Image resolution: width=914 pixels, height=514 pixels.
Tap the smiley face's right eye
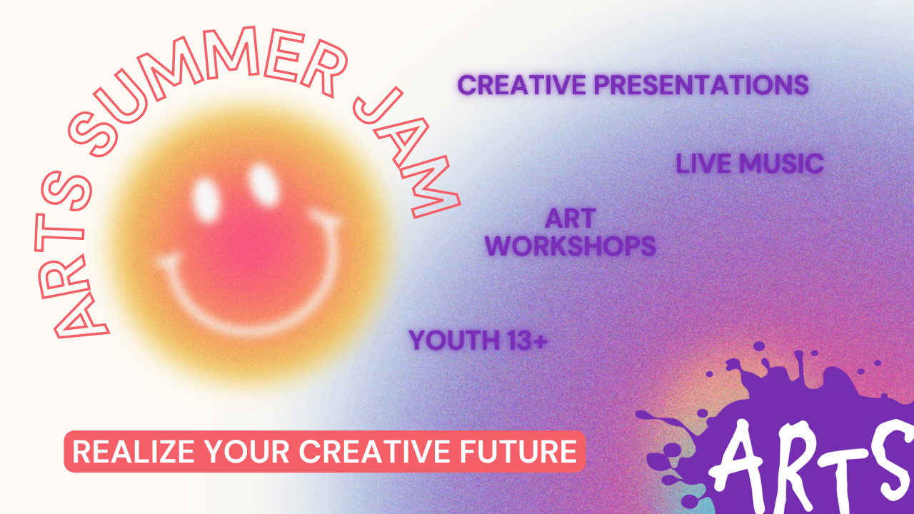click(x=262, y=183)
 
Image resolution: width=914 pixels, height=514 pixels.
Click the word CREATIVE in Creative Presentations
click(x=523, y=85)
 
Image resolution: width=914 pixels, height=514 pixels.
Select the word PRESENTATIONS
click(x=702, y=85)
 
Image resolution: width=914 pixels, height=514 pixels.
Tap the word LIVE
click(x=704, y=163)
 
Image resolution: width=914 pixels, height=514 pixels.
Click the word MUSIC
click(x=781, y=163)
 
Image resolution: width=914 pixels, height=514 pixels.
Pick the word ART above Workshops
click(x=570, y=218)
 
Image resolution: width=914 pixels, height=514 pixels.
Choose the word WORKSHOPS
click(x=570, y=246)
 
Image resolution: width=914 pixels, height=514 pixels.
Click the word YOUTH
click(x=453, y=341)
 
